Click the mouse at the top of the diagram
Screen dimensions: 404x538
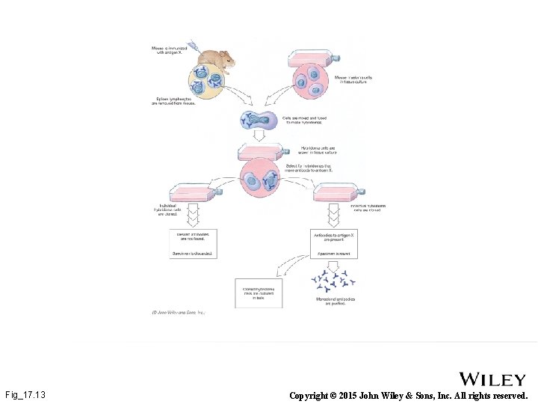(x=214, y=59)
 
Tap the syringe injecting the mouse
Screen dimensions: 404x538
(x=192, y=46)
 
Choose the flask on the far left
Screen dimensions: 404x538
(x=193, y=192)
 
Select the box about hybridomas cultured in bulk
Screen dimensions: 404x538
(x=259, y=292)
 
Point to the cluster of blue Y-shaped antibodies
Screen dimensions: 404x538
(x=333, y=281)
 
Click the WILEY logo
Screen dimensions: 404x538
(x=492, y=379)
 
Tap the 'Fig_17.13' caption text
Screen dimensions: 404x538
(x=25, y=394)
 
